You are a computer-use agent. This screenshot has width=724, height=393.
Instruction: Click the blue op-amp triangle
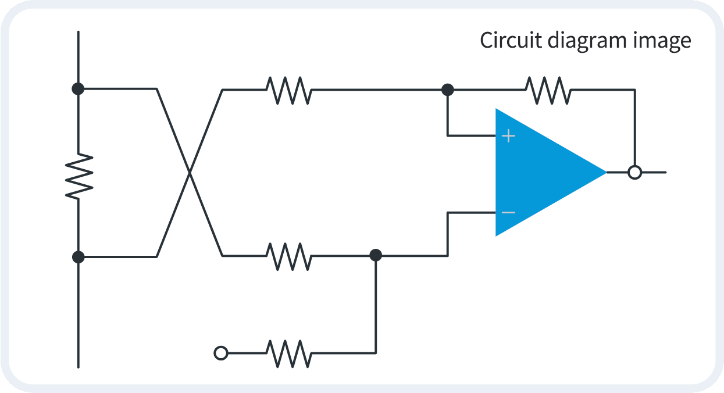click(535, 172)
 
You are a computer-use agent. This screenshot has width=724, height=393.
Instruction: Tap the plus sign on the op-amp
click(509, 136)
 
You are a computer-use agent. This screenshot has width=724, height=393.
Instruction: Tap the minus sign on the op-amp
click(508, 212)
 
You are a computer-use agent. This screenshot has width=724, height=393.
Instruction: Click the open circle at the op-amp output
click(635, 173)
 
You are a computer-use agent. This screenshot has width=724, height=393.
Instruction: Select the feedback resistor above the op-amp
click(548, 90)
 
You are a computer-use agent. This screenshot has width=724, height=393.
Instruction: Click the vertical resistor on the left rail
click(79, 176)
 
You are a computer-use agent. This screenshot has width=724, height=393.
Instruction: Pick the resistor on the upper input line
click(288, 90)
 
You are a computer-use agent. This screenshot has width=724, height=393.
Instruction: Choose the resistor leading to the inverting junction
click(288, 256)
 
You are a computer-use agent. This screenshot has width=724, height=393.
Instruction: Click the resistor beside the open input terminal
click(288, 353)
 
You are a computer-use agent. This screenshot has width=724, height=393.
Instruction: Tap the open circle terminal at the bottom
click(221, 353)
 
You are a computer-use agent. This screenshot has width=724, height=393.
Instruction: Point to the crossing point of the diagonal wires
click(190, 173)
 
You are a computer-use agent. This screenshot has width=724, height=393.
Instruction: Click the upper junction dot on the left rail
click(78, 89)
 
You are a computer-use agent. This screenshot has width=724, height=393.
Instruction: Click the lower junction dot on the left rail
click(78, 256)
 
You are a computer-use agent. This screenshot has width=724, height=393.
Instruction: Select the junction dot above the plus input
click(447, 90)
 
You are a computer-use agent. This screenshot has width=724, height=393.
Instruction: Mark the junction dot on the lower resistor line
click(376, 255)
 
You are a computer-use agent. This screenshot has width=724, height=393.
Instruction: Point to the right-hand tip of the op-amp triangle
click(604, 172)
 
